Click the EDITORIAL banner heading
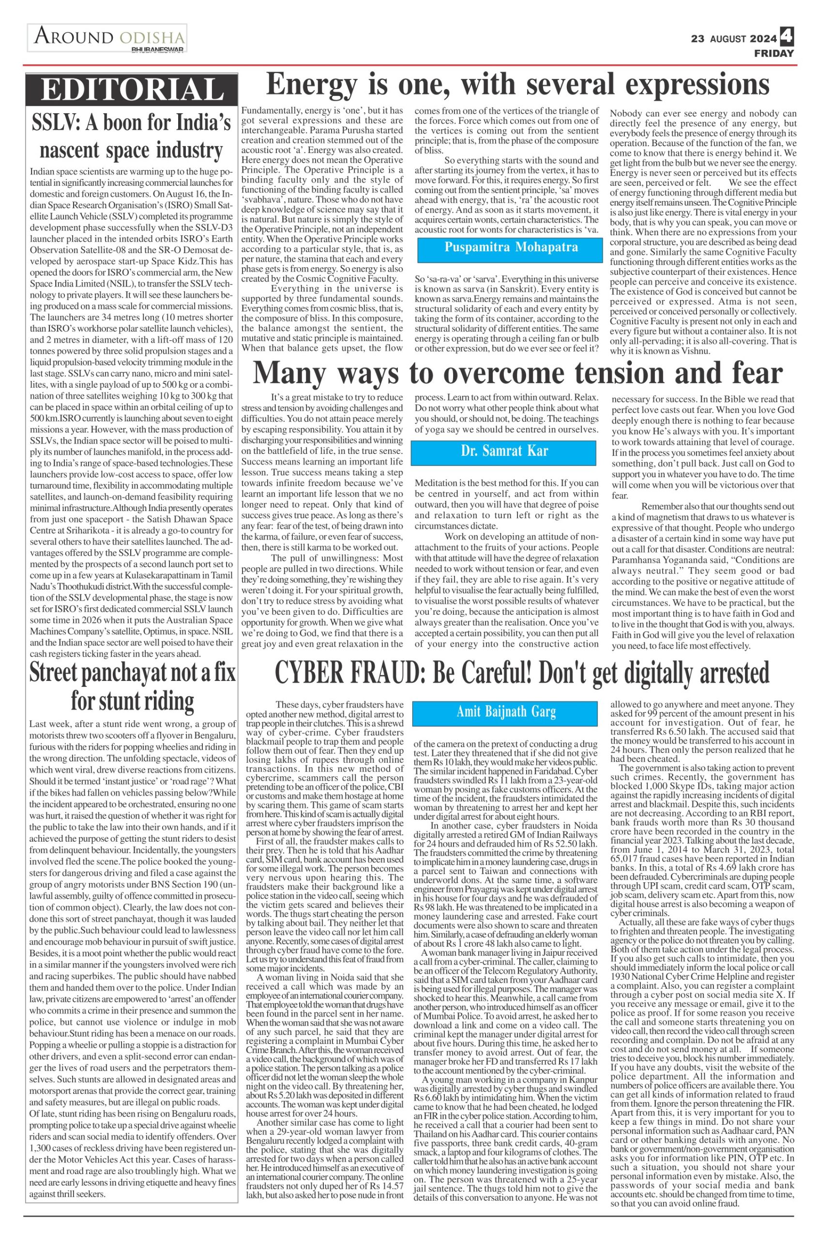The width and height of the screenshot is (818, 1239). point(132,89)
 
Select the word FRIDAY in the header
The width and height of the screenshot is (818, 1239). point(774,53)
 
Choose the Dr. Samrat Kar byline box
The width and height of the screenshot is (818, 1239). point(503,451)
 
